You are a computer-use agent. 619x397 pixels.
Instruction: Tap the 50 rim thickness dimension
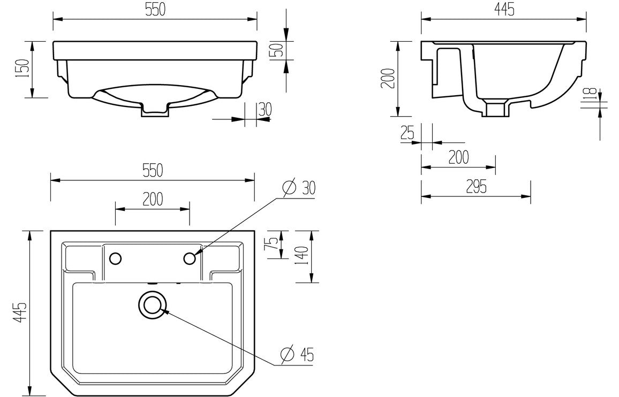[x=277, y=51]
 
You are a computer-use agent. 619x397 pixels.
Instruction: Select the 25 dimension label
[x=407, y=133]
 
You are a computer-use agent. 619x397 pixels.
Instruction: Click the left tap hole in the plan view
[x=115, y=258]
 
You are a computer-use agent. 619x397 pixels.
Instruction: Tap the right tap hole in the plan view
[x=190, y=258]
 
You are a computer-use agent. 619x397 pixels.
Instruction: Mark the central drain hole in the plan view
[x=152, y=305]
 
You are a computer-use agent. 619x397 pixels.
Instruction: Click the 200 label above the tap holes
[x=153, y=199]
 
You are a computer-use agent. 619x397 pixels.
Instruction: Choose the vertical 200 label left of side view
[x=389, y=78]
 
